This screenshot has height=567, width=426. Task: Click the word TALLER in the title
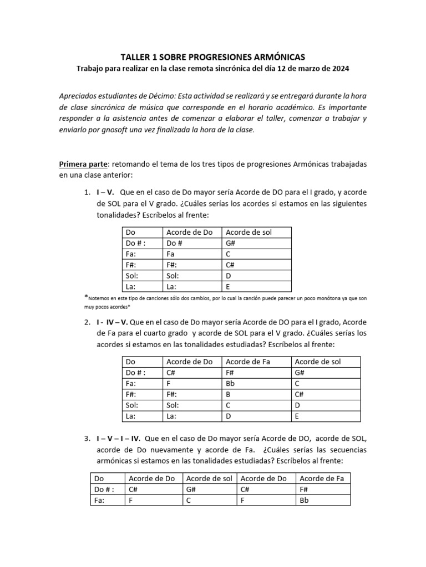(x=135, y=57)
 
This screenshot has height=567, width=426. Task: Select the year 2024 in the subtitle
(x=341, y=68)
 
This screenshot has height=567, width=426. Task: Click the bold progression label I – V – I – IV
(x=118, y=439)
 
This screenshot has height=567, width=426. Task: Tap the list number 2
(x=87, y=322)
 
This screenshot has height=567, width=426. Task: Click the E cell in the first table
(x=228, y=287)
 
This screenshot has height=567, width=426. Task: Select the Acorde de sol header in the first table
(x=248, y=231)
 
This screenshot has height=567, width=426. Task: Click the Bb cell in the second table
(x=229, y=384)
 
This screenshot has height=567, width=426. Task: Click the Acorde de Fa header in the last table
(x=321, y=478)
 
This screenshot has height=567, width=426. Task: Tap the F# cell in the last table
(x=305, y=489)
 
